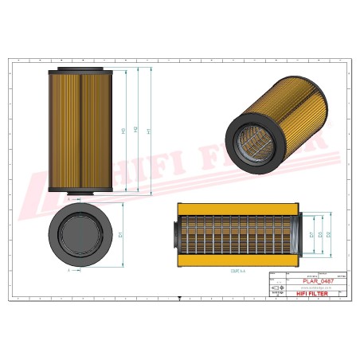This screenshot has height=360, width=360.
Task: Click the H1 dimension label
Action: click(x=151, y=131)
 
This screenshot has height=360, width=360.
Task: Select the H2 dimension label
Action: click(x=137, y=131)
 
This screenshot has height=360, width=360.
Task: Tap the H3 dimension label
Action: click(x=123, y=131)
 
